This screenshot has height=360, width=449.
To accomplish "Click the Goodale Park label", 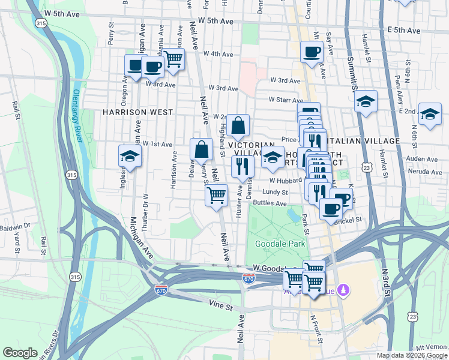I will point(280,244).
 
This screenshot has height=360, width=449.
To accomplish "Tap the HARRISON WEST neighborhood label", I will point(137,112).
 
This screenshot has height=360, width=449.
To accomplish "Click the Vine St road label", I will point(221,307).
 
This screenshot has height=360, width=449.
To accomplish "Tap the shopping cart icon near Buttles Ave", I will point(216,195).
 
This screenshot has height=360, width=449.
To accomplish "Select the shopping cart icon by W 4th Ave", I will point(173,59).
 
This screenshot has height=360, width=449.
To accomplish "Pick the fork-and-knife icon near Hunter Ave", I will point(243,167).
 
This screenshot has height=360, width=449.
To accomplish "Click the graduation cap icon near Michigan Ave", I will point(130,156).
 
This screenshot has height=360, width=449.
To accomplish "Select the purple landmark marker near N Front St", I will point(343,290).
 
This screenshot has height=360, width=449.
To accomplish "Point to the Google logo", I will point(20,353).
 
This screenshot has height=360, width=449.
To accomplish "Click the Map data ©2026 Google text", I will point(412,355).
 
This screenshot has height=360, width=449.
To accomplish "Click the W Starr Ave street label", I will point(283,99).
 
